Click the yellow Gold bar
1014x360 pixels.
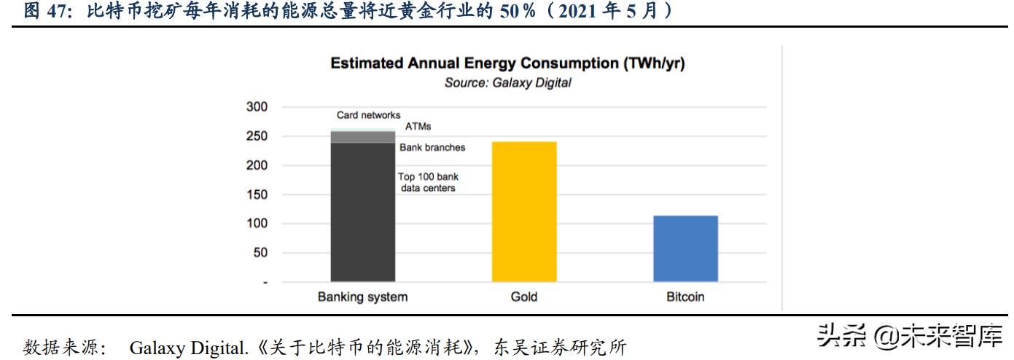(x=524, y=211)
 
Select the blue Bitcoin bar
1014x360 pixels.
(x=685, y=249)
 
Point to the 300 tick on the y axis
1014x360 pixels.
(x=257, y=107)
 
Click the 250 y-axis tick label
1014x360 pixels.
(x=257, y=136)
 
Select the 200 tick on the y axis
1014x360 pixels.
(x=257, y=165)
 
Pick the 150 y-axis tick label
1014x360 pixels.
(x=257, y=195)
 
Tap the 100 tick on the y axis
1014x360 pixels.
(x=257, y=224)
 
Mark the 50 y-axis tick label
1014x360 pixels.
(x=260, y=253)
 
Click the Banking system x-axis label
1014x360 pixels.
(x=362, y=297)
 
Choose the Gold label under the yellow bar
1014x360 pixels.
(x=524, y=297)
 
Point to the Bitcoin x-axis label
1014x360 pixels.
(x=685, y=297)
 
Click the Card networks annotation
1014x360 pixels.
(x=368, y=115)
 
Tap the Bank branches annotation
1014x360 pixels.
(x=432, y=147)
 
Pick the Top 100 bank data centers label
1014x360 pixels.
(x=427, y=182)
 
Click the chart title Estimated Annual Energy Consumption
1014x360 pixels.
(x=507, y=63)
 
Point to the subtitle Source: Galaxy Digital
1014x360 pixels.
(x=507, y=83)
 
